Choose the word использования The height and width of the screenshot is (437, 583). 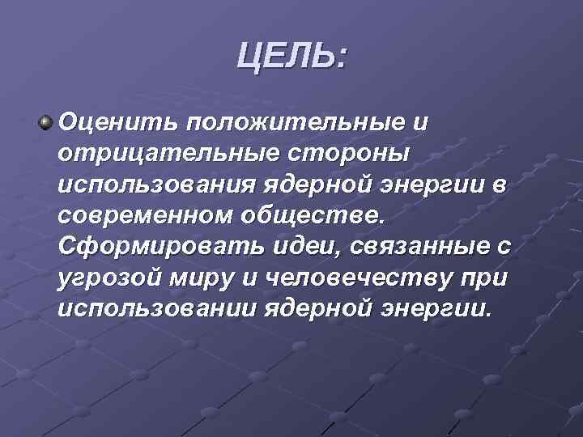[155, 185]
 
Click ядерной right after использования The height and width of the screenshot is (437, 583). [317, 185]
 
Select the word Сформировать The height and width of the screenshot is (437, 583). [149, 247]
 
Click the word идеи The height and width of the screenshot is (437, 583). [280, 247]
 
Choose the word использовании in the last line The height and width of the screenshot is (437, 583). [155, 308]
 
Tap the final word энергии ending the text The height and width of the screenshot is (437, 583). [440, 309]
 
